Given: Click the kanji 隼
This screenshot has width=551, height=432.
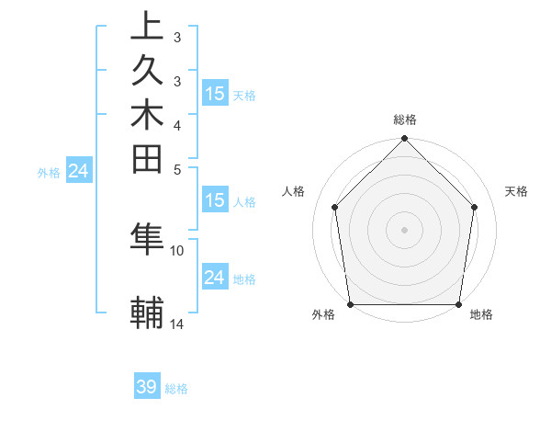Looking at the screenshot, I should click(x=148, y=240).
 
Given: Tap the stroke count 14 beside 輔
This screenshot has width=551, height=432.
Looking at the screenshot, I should click(x=177, y=324).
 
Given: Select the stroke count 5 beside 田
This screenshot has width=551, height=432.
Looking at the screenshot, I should click(x=177, y=169).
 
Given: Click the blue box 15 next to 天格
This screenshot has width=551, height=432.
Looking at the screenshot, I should click(x=215, y=94).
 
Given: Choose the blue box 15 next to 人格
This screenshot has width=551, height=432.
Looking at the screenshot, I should click(x=215, y=200).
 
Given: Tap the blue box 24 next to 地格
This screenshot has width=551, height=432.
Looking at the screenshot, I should click(x=215, y=279).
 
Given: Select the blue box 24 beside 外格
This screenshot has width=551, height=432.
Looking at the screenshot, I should click(x=79, y=170).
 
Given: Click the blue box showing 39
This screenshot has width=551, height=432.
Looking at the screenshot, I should click(x=147, y=387).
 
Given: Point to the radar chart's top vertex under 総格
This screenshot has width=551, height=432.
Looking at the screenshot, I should click(x=404, y=140).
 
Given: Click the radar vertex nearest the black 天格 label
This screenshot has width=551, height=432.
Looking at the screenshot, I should click(x=475, y=207).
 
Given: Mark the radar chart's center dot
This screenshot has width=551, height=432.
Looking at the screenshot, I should click(x=404, y=229).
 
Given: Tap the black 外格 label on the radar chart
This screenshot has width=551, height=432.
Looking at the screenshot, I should click(x=323, y=314).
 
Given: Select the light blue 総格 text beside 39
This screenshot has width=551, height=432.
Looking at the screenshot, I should click(x=176, y=389).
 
